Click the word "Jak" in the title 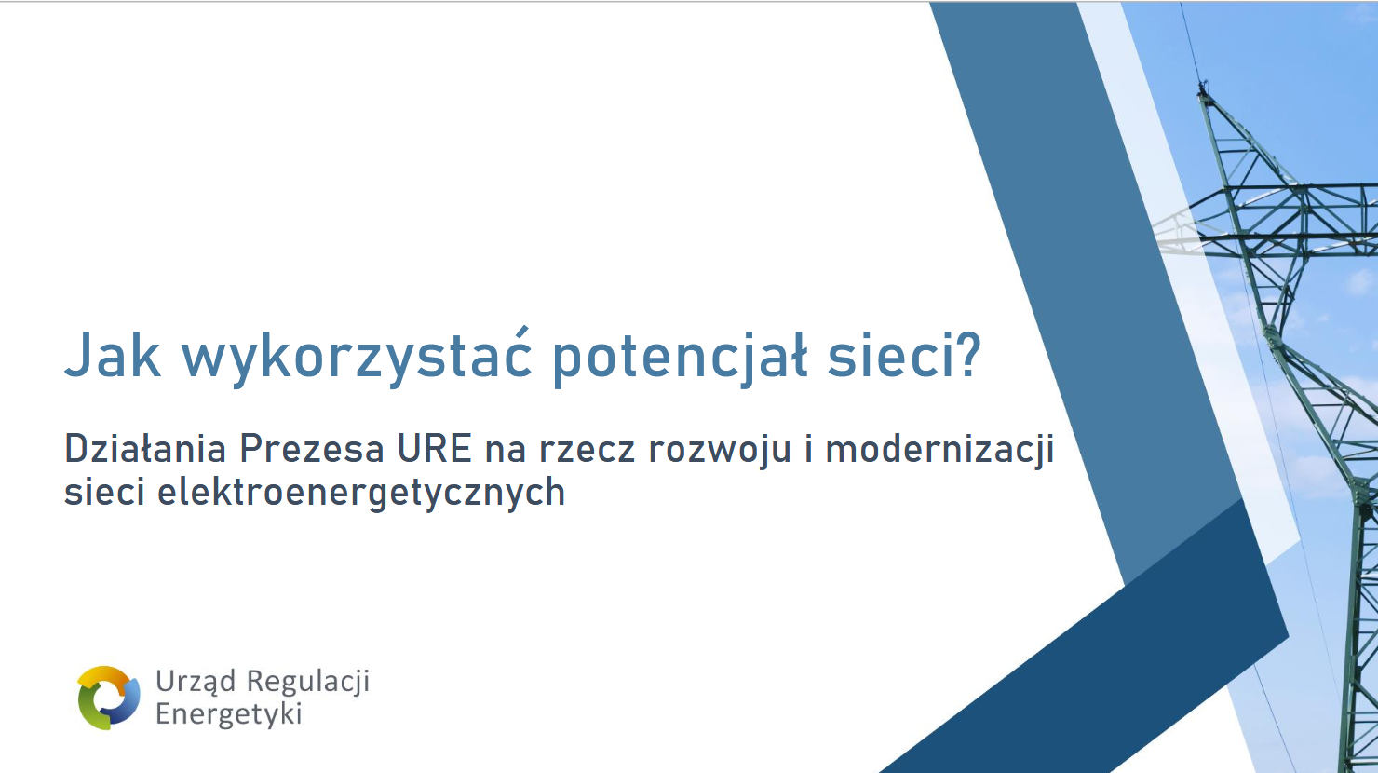pyautogui.click(x=113, y=355)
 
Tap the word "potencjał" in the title pyautogui.click(x=680, y=359)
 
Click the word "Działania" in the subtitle pyautogui.click(x=145, y=449)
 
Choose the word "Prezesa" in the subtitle pyautogui.click(x=312, y=449)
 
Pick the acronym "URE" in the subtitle pyautogui.click(x=434, y=449)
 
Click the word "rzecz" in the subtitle pyautogui.click(x=587, y=452)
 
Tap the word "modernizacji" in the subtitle pyautogui.click(x=939, y=450)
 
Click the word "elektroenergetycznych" pyautogui.click(x=361, y=493)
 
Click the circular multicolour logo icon pyautogui.click(x=108, y=698)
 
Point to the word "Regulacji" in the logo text pyautogui.click(x=307, y=683)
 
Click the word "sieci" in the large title pyautogui.click(x=886, y=356)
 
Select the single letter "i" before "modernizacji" pyautogui.click(x=808, y=449)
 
